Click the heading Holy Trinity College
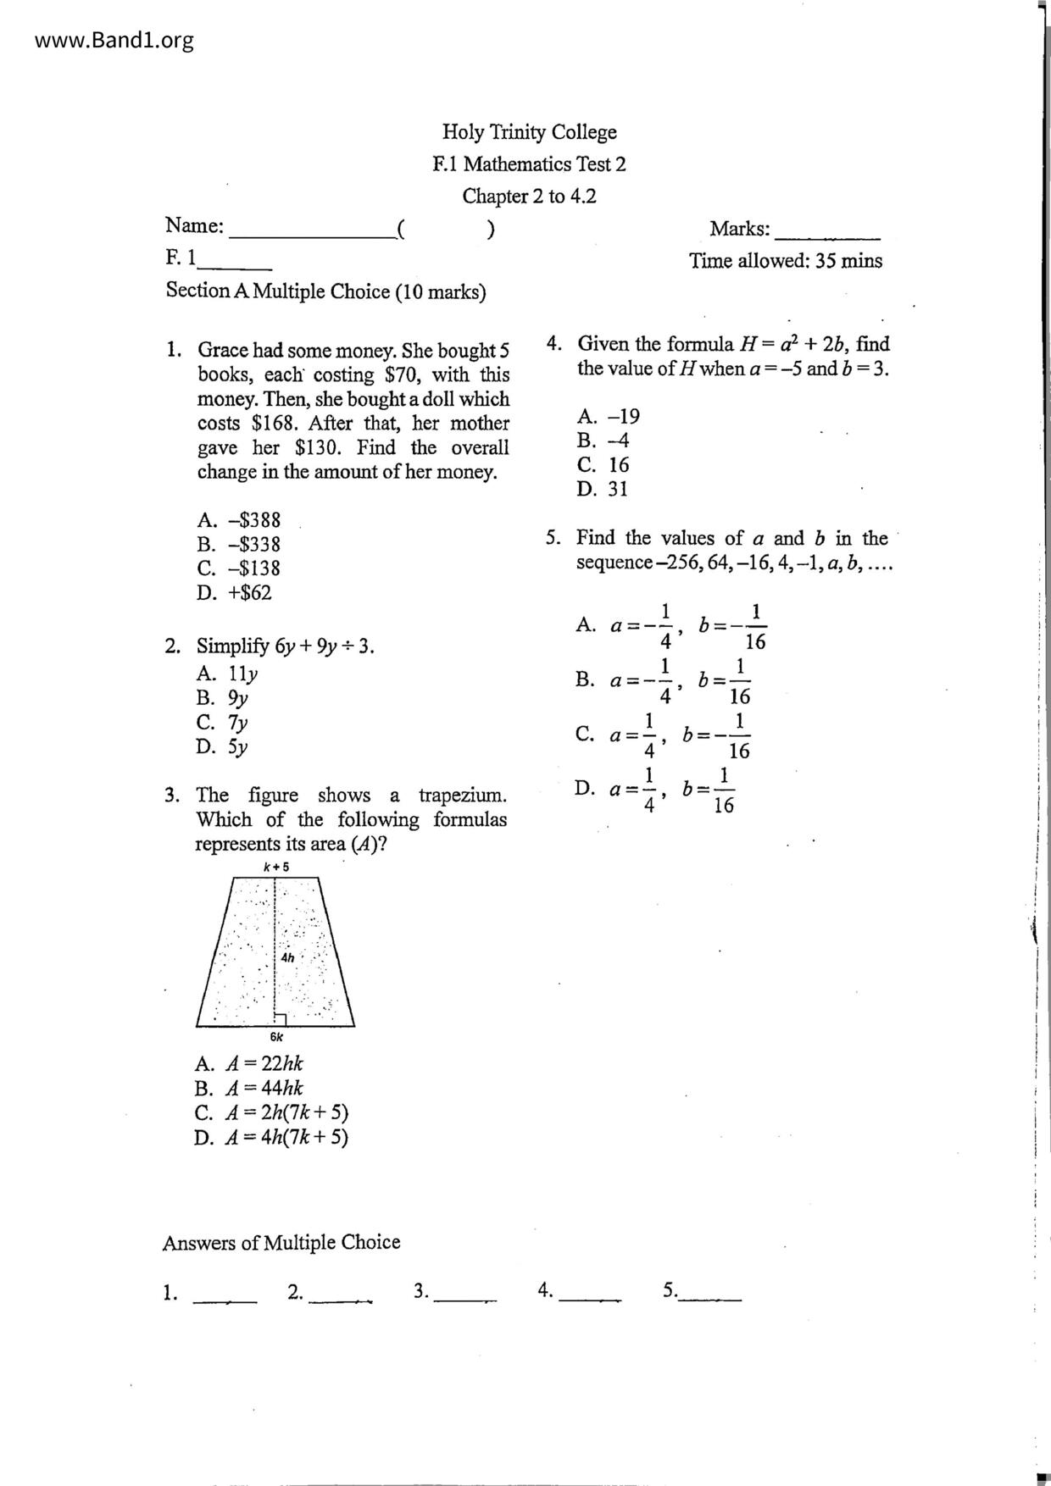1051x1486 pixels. (529, 132)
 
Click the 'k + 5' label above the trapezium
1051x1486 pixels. (276, 867)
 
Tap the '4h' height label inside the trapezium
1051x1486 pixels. (288, 957)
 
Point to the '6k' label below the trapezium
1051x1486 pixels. (276, 1037)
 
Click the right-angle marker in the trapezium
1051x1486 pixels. (280, 1019)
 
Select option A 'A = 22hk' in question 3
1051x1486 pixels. (248, 1064)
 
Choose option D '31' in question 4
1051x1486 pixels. (603, 489)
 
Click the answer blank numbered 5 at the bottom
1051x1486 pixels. (710, 1295)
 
